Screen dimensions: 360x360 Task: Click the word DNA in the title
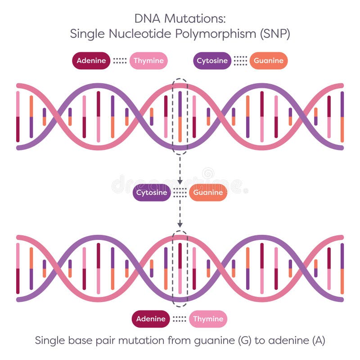(x=147, y=18)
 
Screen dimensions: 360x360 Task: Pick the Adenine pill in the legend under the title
(x=91, y=61)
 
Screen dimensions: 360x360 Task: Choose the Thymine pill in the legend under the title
(x=148, y=61)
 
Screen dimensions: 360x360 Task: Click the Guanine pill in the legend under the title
(x=268, y=61)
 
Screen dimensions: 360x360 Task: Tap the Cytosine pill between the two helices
(x=152, y=193)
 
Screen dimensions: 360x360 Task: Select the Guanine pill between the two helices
(x=208, y=193)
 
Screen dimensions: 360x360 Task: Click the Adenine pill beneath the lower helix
(x=151, y=319)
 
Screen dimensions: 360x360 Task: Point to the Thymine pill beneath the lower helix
(x=208, y=319)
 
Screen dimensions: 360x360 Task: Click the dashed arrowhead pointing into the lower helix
(x=180, y=224)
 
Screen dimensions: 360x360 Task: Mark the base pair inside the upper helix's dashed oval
(x=180, y=117)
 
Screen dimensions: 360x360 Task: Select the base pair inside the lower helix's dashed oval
(x=180, y=268)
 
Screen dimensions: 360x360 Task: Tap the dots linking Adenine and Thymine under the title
(x=120, y=61)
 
